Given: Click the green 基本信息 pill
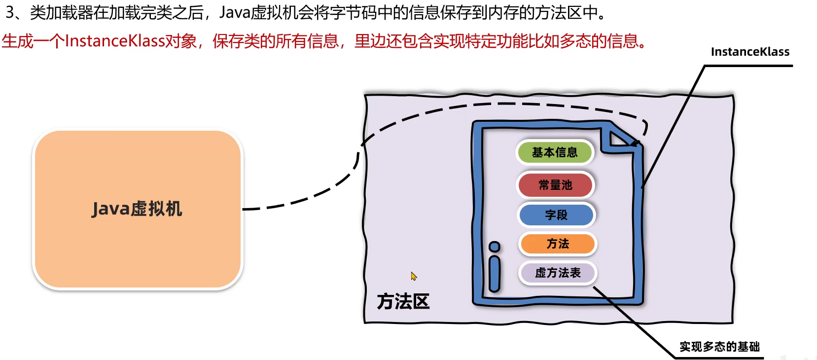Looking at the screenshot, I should pos(555,152).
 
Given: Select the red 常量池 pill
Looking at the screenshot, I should pos(555,185).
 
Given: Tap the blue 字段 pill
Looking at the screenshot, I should pos(556,215).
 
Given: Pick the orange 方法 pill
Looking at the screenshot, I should pos(558,244).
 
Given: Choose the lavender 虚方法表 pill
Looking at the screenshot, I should pos(558,273).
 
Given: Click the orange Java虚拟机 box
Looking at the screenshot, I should pos(138,209).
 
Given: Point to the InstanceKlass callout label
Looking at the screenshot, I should pos(750,52).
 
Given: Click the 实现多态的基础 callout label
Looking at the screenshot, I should pos(719,347).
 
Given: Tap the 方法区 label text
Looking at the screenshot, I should pos(403,301).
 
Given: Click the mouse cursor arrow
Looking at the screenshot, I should pos(413,276).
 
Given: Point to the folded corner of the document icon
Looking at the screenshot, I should pos(620,139).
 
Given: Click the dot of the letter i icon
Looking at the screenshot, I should pos(494,247).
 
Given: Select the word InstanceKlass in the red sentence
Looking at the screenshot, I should pos(114,41).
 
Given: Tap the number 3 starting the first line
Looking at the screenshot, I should pos(10,12).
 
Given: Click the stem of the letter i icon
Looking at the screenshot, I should pos(494,274).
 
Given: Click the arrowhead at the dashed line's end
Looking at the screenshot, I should pos(637,143).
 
